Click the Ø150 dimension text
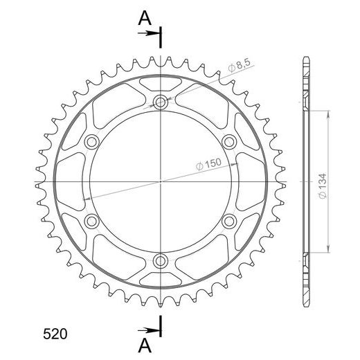[x=208, y=164]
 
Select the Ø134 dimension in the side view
[x=323, y=186]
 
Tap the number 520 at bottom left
[x=55, y=334]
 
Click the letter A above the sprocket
[x=145, y=19]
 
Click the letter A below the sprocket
[x=145, y=345]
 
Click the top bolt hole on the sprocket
[x=161, y=102]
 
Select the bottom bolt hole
[x=161, y=261]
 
